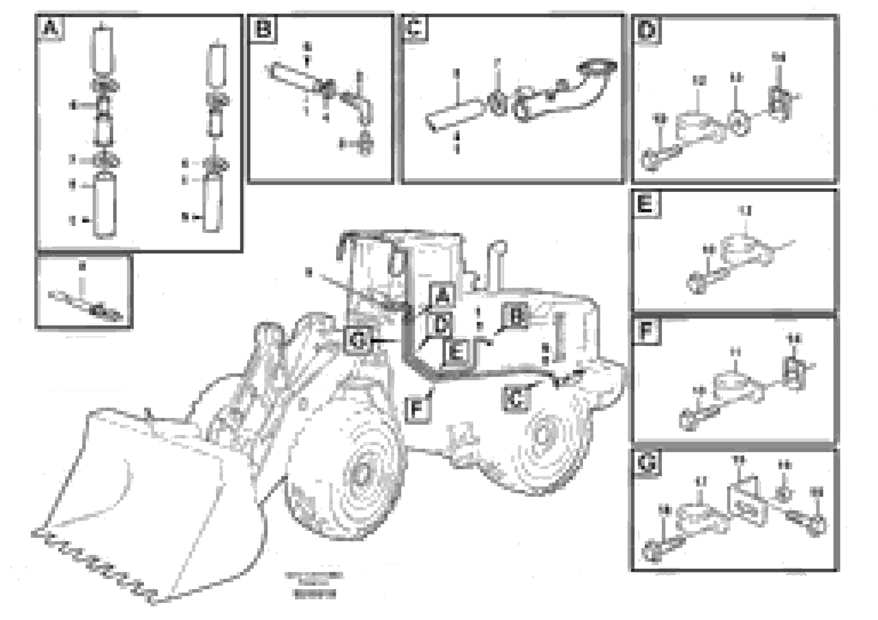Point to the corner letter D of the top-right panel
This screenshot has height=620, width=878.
click(x=647, y=30)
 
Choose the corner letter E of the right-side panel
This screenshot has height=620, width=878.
click(x=646, y=204)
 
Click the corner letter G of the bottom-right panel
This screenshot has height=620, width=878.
click(x=646, y=464)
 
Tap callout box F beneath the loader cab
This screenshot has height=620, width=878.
click(x=417, y=410)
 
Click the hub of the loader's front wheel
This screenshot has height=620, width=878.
click(x=359, y=474)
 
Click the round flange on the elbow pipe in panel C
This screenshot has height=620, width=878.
click(x=597, y=68)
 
